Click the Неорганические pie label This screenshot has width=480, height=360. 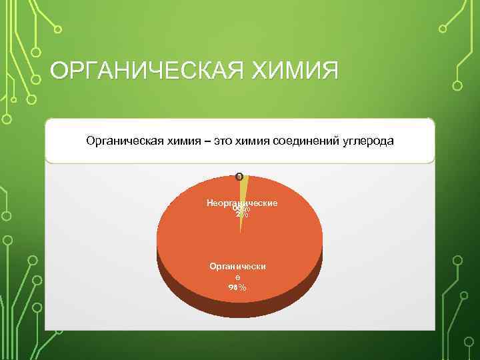[242, 202]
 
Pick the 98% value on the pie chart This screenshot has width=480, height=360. [237, 287]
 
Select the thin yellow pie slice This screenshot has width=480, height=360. [243, 193]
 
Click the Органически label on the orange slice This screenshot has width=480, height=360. [237, 266]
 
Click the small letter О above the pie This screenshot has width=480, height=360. [239, 177]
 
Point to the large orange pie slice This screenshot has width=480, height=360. [200, 240]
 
